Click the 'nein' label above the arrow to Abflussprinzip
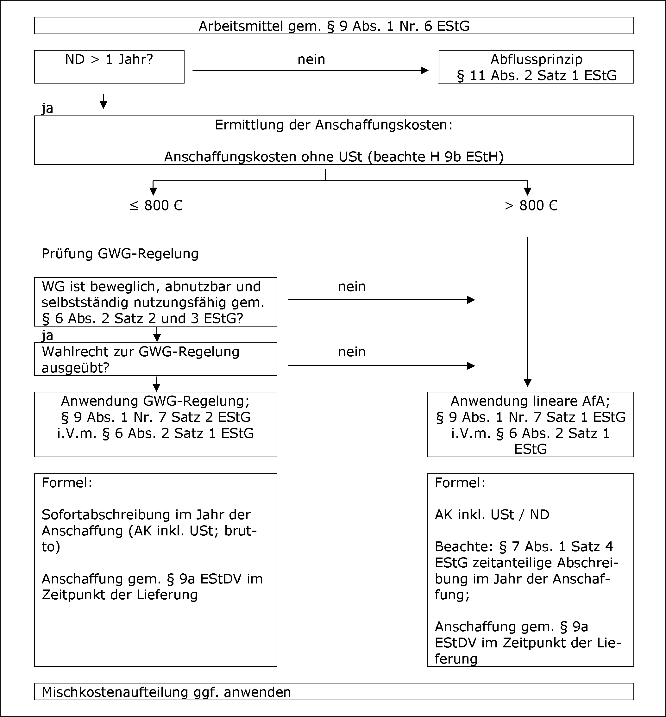tap(311, 59)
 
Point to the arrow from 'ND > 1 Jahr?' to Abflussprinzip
tap(310, 71)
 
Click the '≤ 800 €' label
tap(156, 206)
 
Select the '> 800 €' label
tap(531, 206)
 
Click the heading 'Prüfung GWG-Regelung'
tap(120, 254)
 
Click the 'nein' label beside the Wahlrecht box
tap(352, 352)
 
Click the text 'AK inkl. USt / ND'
tap(492, 515)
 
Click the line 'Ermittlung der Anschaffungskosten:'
tap(334, 125)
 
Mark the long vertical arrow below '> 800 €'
tap(528, 312)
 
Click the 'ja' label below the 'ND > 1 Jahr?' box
tap(47, 109)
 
